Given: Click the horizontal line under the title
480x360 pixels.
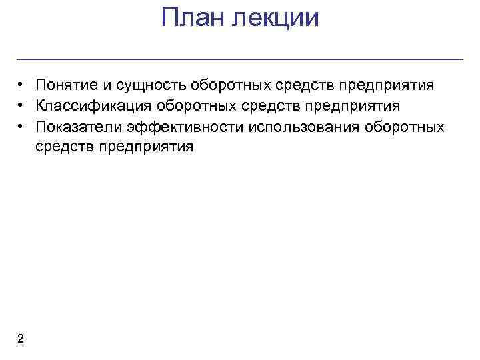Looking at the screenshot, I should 240,60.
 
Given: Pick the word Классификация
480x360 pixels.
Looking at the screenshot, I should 93,106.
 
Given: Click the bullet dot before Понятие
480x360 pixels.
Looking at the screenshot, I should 22,85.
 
